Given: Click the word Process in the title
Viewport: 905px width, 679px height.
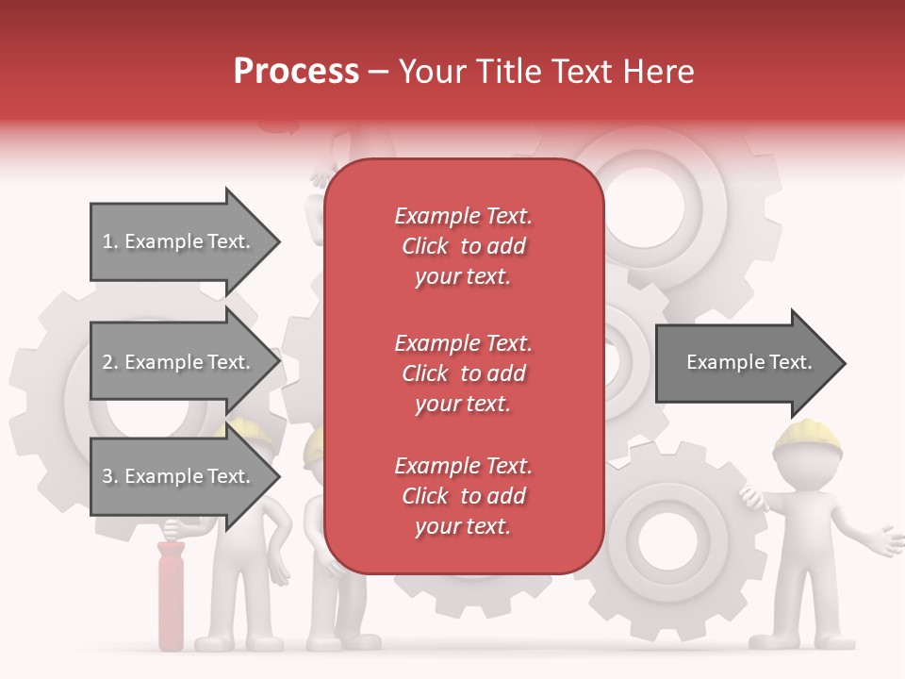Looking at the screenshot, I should click(296, 72).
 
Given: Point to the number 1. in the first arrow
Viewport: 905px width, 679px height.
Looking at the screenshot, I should click(110, 241).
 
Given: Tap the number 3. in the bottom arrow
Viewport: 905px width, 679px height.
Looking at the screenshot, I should click(110, 476).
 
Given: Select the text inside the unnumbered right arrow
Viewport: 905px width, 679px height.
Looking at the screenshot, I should click(749, 362).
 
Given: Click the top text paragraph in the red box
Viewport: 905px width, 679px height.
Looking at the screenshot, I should click(463, 246).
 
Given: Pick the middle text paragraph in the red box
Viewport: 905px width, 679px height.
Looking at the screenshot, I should click(463, 373).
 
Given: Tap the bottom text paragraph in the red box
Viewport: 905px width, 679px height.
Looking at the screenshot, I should click(463, 496).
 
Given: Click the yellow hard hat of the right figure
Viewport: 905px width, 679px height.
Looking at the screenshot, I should click(807, 436).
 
